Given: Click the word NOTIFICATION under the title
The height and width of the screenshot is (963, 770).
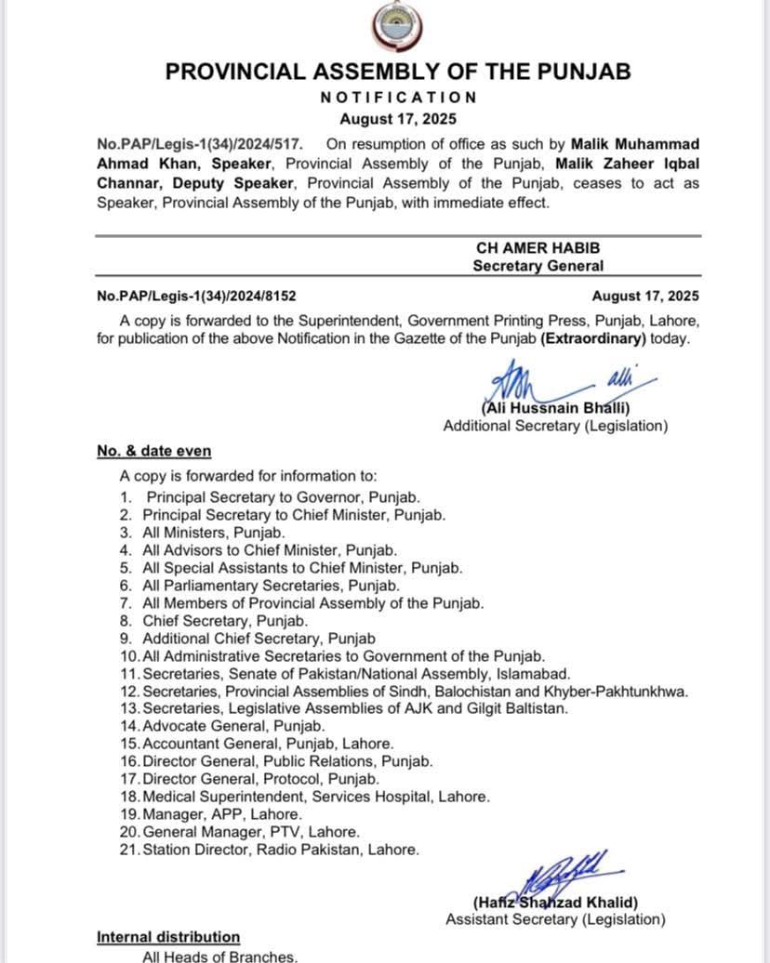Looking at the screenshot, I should (398, 97).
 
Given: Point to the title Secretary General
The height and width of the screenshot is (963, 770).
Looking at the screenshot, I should (538, 266).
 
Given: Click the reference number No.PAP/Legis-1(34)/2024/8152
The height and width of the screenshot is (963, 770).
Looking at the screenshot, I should (196, 297).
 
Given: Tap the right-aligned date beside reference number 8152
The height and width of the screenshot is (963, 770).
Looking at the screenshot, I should (645, 297).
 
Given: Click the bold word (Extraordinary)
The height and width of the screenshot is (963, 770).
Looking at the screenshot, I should (593, 338).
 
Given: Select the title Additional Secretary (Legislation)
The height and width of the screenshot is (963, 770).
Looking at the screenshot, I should (555, 426).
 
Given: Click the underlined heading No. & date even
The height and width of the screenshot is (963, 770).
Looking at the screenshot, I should (154, 451).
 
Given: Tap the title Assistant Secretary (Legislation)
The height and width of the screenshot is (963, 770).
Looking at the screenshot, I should (555, 920).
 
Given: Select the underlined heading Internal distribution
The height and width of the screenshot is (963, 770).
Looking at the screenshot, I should (168, 937).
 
